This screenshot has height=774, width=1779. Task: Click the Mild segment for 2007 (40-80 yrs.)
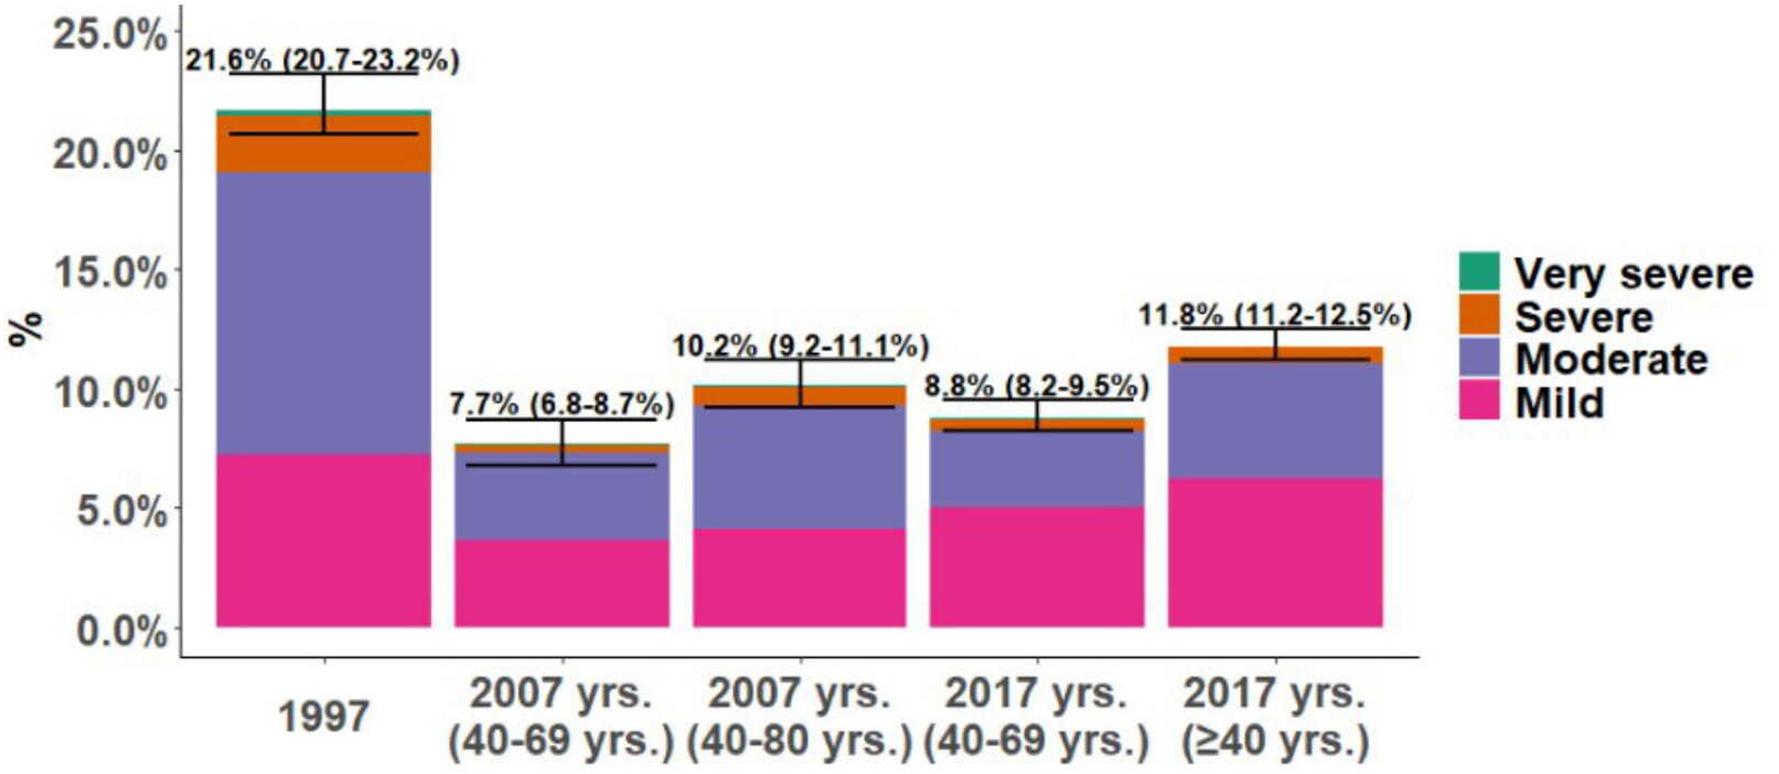pos(800,577)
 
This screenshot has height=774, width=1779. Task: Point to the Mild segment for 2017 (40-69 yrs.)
pos(1036,567)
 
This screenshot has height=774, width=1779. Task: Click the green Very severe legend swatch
pos(1479,271)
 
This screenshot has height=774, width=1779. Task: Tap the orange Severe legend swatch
pos(1479,315)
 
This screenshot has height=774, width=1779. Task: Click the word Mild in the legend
pos(1559,403)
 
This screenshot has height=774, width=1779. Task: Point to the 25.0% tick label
pos(110,35)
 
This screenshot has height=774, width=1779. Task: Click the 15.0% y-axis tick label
pos(110,273)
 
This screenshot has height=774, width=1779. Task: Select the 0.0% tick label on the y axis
pos(121,631)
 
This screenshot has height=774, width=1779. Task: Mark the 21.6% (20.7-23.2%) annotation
pos(322,61)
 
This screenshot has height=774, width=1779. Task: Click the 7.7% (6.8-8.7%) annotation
pos(561,404)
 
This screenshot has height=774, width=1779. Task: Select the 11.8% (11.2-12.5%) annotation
pos(1275,316)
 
